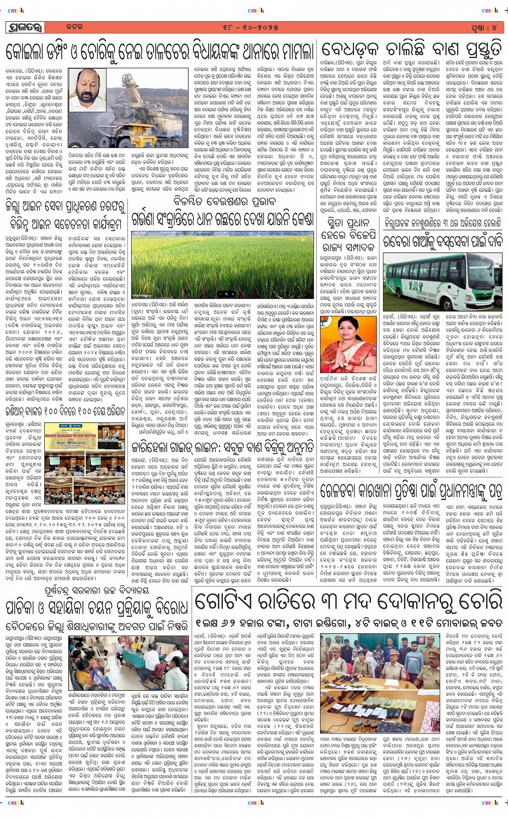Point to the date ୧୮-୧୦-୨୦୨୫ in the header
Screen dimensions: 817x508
click(255, 26)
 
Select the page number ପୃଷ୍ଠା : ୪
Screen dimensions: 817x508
click(481, 26)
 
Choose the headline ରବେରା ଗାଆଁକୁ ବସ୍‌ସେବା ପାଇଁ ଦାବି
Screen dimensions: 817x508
click(441, 240)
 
